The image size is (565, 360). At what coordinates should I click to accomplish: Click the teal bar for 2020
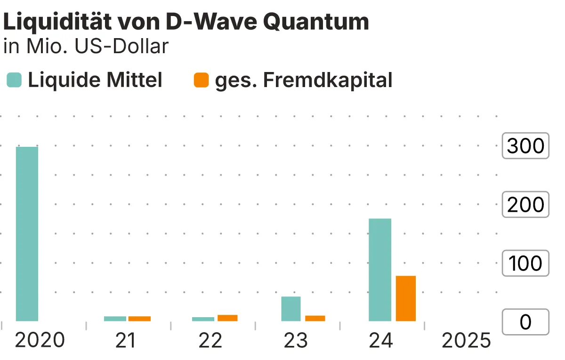click(27, 234)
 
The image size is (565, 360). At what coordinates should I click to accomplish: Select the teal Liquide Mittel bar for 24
click(379, 270)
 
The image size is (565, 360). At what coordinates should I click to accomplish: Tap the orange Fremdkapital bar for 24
click(405, 298)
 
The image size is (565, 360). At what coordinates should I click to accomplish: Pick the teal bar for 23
click(291, 309)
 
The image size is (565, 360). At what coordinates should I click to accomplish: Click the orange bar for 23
click(315, 319)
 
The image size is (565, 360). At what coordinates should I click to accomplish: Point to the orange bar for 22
click(227, 318)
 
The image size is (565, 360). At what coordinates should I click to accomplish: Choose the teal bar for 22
click(203, 319)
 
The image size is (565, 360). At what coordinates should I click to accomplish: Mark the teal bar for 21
click(115, 319)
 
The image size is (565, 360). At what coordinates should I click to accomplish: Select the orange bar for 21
click(139, 319)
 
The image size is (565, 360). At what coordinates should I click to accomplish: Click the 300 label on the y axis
click(525, 146)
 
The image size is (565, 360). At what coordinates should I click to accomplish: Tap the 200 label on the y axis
click(525, 205)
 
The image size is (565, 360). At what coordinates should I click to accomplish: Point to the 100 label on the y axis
click(525, 264)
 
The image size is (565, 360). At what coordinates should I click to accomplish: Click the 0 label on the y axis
click(525, 322)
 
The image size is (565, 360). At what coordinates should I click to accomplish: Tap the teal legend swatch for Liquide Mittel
click(14, 80)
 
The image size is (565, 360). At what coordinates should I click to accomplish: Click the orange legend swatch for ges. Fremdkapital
click(201, 80)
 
